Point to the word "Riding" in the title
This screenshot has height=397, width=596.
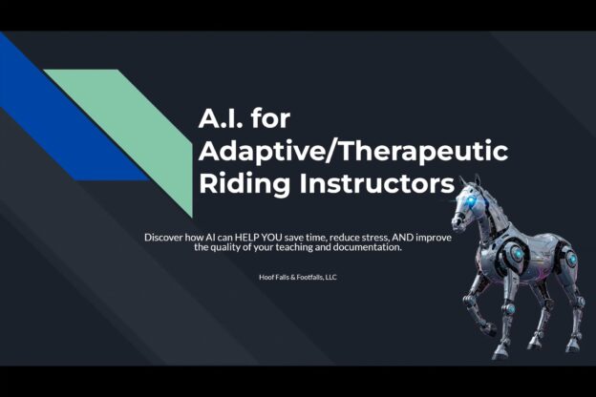(x=244, y=184)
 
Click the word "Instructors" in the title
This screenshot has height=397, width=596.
(x=377, y=184)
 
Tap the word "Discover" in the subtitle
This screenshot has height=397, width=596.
(x=163, y=238)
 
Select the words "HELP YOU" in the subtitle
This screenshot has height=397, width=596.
(x=259, y=238)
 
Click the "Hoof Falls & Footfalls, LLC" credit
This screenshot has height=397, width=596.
(x=298, y=278)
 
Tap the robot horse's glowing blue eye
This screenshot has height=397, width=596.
(x=472, y=199)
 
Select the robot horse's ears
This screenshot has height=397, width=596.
(x=471, y=181)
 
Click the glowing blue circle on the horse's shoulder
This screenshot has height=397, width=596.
(x=516, y=253)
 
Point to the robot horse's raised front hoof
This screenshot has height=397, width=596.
(x=488, y=330)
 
